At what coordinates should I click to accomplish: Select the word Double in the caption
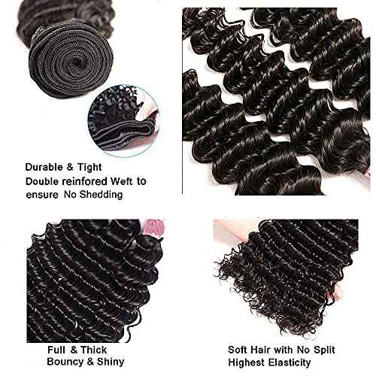43,181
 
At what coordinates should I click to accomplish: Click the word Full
58,350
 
